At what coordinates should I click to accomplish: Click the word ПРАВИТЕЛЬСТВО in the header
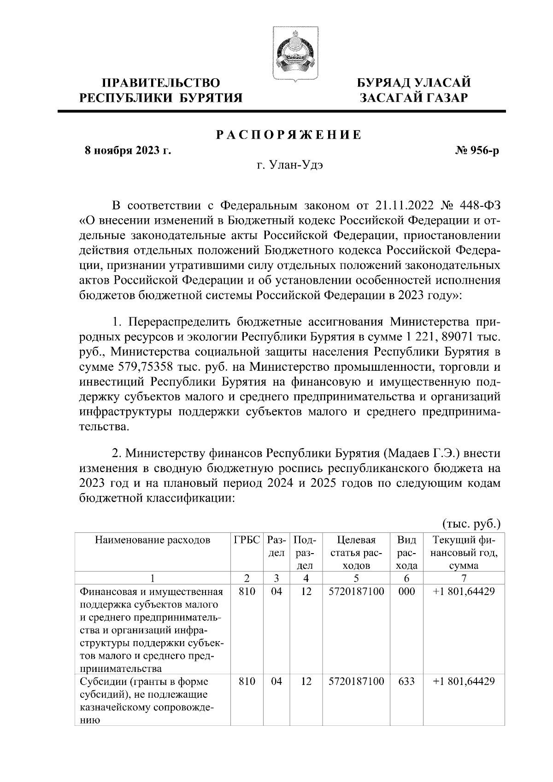[161, 83]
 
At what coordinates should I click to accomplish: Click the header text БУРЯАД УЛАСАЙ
[414, 83]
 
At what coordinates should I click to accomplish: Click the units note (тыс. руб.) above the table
[471, 524]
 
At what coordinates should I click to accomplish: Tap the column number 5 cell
[357, 578]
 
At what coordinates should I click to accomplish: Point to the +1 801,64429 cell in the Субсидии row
[464, 681]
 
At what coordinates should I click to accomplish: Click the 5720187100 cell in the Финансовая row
[357, 591]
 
